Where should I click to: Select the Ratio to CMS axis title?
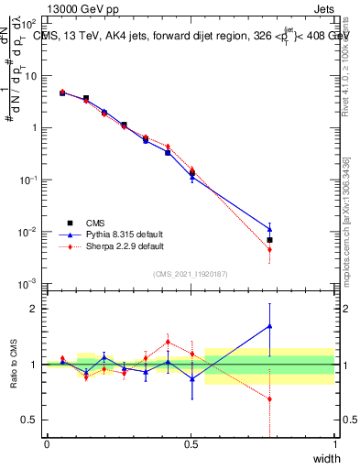pos(15,365)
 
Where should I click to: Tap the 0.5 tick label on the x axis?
pos(191,444)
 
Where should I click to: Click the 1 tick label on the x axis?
pos(334,444)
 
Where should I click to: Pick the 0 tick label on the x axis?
pos(47,444)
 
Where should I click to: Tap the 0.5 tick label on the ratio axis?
pos(31,420)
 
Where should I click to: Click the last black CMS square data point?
pos(269,240)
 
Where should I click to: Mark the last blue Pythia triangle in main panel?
pos(269,230)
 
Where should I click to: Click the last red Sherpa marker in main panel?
pos(269,249)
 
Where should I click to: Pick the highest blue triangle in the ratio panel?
pos(269,325)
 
